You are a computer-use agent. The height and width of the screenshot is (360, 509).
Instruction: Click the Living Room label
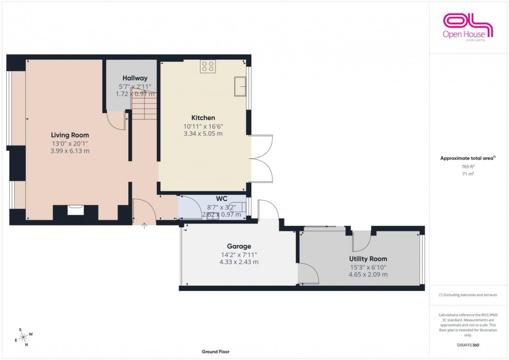(x=70, y=135)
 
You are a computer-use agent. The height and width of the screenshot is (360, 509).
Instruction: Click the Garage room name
(x=238, y=246)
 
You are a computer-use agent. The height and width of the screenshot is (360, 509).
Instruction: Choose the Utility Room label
(x=368, y=259)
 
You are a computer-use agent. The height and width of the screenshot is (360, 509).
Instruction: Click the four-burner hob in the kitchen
(x=208, y=66)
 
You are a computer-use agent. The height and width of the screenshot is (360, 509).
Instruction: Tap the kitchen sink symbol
(x=240, y=86)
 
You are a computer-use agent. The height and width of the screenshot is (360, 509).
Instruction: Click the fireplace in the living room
(x=75, y=210)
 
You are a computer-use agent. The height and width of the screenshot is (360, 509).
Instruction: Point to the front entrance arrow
(x=144, y=225)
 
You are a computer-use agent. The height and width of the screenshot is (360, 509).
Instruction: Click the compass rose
(x=22, y=337)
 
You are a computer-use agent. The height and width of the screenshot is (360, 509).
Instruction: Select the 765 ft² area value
(x=468, y=167)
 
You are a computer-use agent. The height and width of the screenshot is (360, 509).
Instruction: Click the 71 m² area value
(x=468, y=175)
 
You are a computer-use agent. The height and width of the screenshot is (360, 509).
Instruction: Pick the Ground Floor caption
(x=216, y=352)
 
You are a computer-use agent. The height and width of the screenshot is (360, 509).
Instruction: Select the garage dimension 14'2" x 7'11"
(x=238, y=255)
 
